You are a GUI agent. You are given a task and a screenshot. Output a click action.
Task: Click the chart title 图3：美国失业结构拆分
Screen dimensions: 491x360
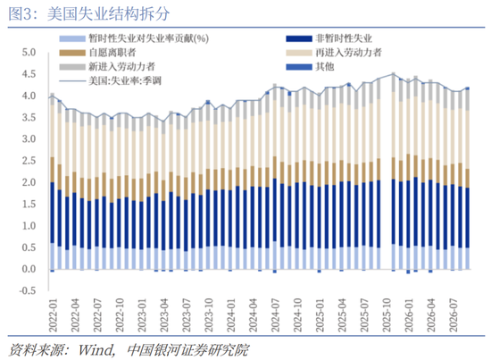point(89,14)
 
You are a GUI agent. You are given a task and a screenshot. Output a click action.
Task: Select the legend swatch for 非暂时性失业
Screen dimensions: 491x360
point(299,38)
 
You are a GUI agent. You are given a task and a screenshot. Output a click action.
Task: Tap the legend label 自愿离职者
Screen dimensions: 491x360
point(112,53)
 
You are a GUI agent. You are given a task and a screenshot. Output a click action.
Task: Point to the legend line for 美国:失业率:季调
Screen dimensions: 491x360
point(72,81)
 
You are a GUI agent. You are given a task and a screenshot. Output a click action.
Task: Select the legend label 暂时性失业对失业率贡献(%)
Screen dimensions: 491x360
point(148,38)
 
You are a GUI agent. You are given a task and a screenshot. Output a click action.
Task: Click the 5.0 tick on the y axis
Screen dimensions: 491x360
point(29,53)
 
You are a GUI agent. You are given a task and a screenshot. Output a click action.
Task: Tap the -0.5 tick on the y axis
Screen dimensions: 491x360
point(28,290)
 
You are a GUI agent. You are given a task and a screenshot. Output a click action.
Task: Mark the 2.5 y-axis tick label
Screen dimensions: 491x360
point(29,161)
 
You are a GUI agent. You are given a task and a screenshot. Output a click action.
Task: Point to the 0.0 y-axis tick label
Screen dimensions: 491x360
point(29,269)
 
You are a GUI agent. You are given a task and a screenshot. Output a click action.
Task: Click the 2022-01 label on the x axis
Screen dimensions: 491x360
point(53,315)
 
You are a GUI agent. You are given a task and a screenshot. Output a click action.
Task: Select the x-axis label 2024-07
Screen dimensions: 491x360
point(275,315)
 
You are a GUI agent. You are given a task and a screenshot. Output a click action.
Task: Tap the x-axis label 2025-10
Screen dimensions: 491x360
point(387,315)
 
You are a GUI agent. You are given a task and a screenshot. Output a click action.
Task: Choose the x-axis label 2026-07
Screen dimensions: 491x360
point(454,315)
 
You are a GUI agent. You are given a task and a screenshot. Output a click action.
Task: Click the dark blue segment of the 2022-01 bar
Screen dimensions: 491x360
point(53,213)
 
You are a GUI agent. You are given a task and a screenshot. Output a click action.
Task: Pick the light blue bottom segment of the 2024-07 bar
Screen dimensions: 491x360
point(275,255)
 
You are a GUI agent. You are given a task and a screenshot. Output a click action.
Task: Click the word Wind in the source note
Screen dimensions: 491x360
point(96,350)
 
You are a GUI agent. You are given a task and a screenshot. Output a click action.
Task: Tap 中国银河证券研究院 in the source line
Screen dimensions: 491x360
point(188,350)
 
